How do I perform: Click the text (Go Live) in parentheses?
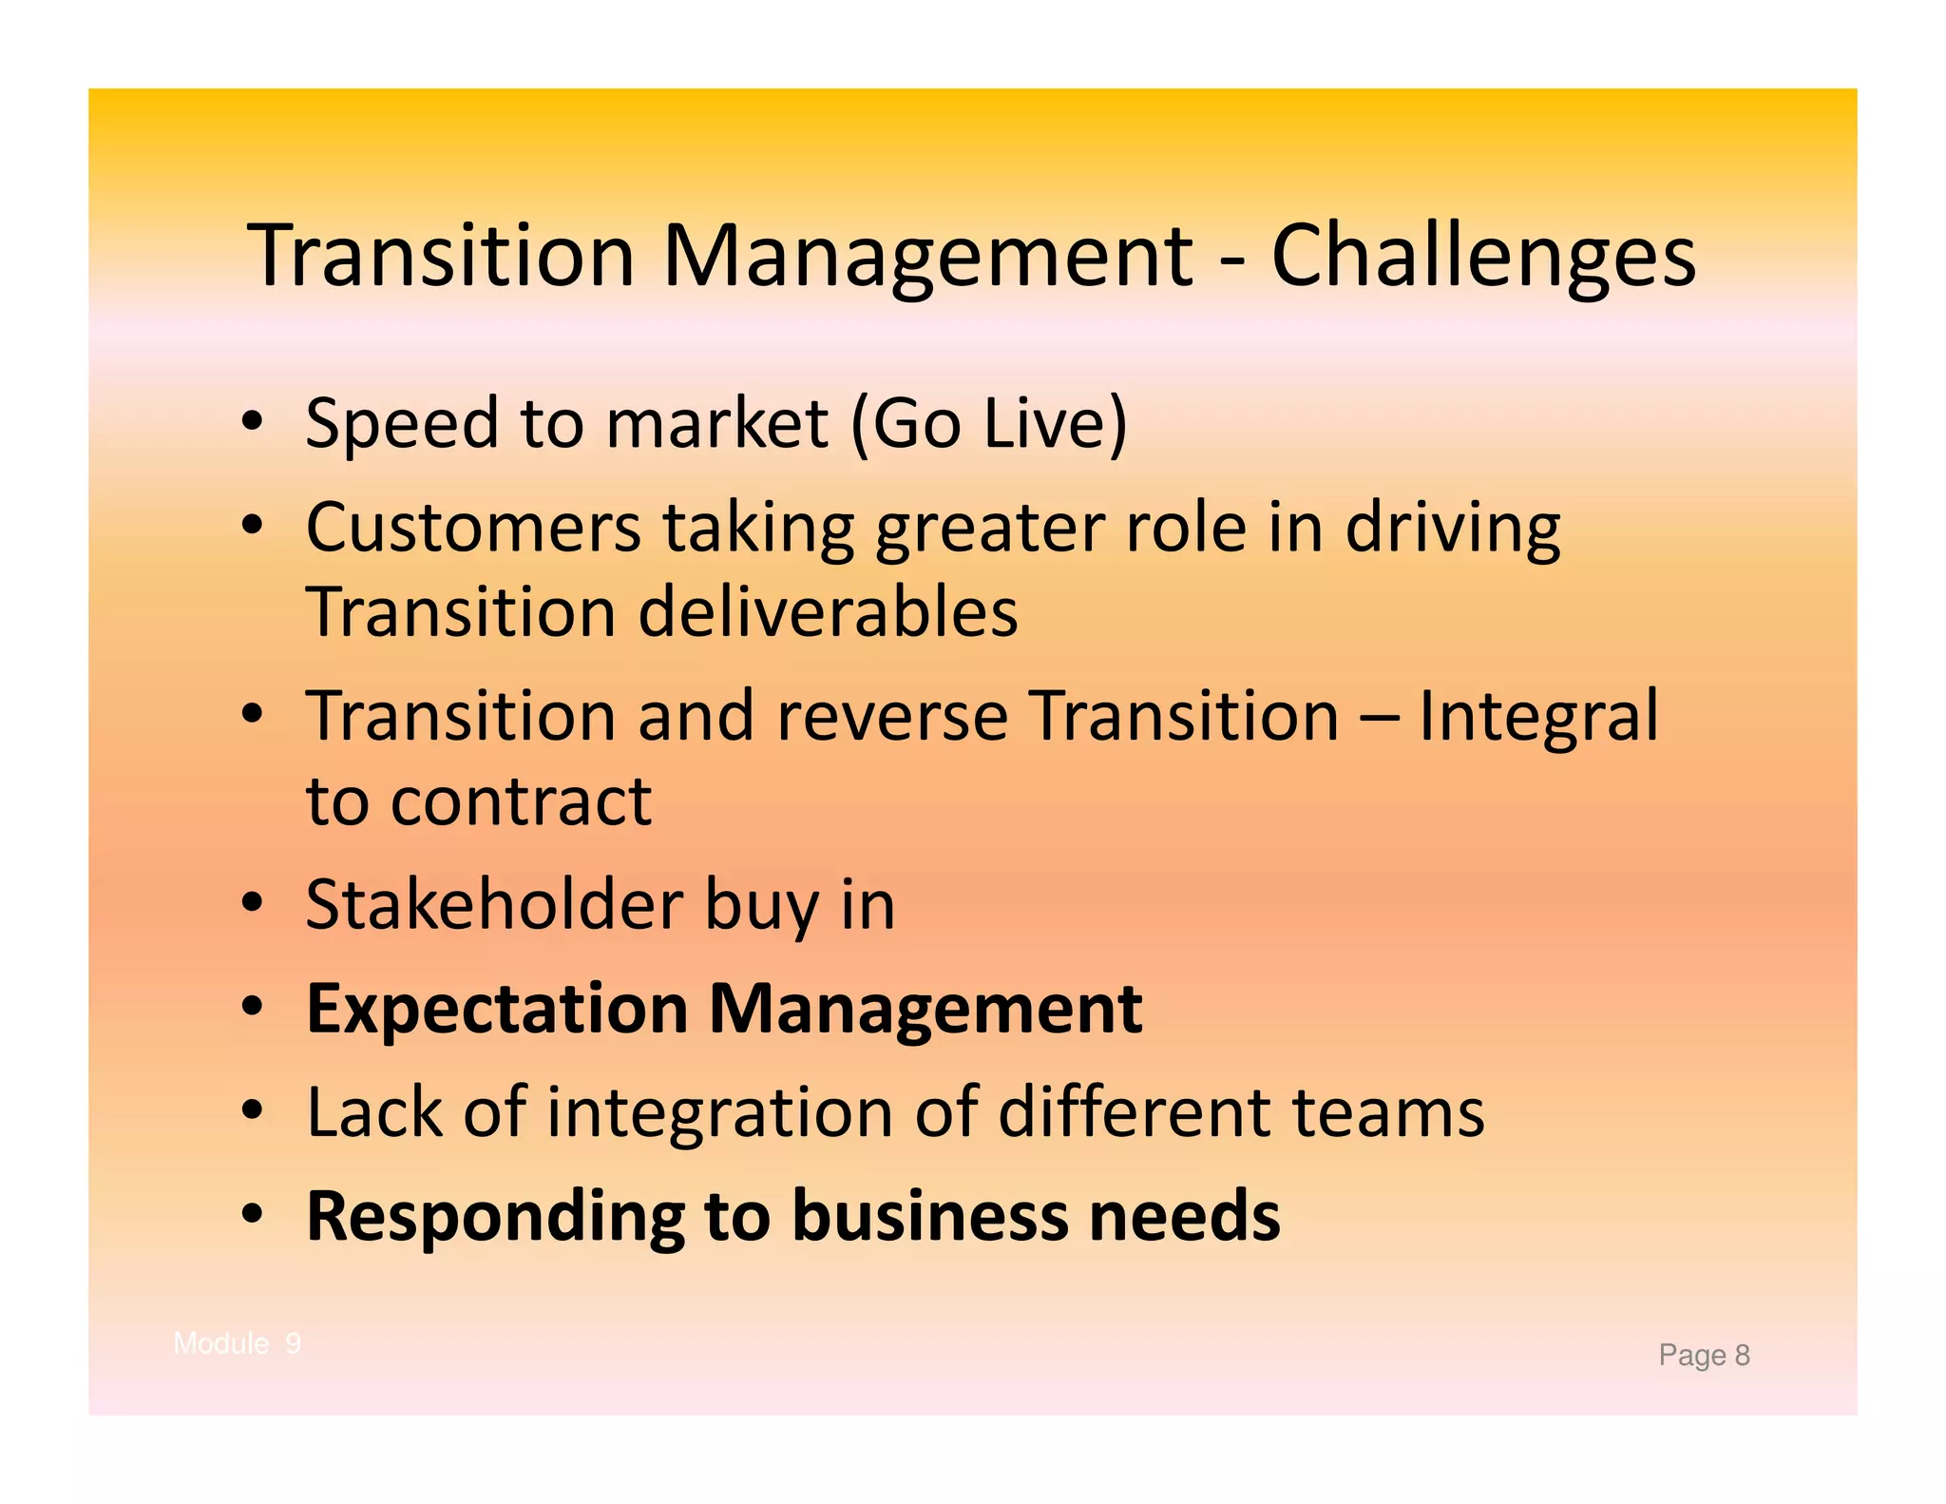click(988, 423)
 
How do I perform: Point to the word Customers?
click(473, 528)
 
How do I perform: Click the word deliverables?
click(827, 611)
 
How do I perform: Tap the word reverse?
click(891, 715)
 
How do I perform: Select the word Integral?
click(1537, 715)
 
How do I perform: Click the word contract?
click(521, 800)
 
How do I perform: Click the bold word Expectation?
click(497, 1009)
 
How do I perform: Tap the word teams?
click(1387, 1112)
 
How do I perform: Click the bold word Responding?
click(495, 1217)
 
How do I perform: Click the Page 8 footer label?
click(1704, 1355)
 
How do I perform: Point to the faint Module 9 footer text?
click(238, 1343)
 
